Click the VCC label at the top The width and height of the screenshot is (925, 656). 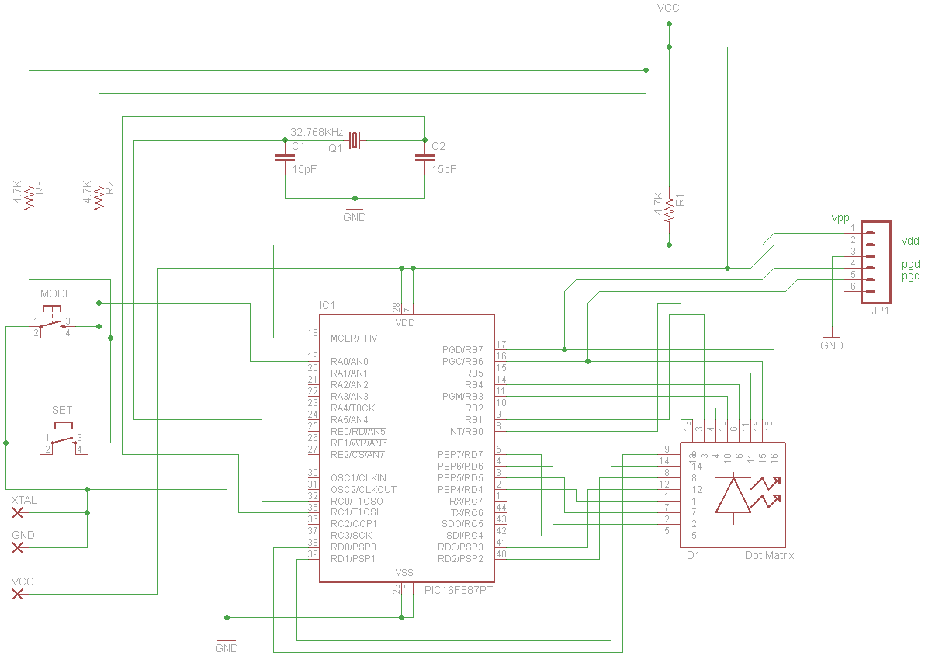669,9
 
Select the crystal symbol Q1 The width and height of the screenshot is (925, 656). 355,141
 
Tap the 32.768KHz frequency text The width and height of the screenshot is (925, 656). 317,132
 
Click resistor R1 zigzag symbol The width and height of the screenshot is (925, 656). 669,209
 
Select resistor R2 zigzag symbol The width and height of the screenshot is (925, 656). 99,198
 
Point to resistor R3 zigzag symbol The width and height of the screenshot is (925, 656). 29,198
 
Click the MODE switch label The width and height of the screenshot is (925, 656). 56,294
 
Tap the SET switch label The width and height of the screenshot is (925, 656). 62,410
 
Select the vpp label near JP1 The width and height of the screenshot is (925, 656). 840,217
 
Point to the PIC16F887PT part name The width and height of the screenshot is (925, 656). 459,590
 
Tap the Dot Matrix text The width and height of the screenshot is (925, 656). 769,555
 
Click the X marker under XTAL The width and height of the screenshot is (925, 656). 17,513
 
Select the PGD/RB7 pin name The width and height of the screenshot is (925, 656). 462,350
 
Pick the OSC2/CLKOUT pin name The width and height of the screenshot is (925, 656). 363,489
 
